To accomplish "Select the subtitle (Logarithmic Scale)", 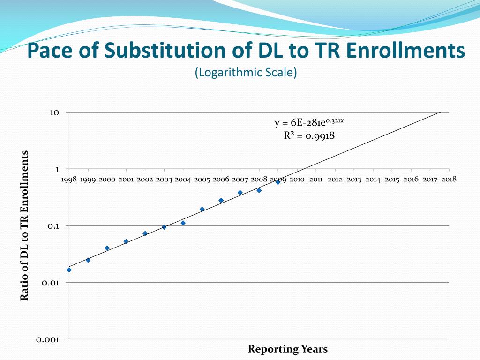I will click(246, 73).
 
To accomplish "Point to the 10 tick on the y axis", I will click(54, 112).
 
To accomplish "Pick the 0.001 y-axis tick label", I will click(48, 339).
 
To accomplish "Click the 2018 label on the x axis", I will click(449, 179).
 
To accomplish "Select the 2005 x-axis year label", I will click(202, 180).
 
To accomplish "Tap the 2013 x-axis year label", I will click(354, 180).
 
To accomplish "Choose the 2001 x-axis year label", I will click(126, 180).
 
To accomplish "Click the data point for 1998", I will click(69, 270).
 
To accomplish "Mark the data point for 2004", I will click(183, 223).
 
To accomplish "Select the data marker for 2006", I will click(221, 200).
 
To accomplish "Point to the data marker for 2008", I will click(259, 190).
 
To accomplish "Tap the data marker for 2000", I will click(107, 248).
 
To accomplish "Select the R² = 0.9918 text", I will click(309, 136).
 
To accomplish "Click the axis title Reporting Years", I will click(288, 349).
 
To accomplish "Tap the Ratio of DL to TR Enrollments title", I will click(24, 225).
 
